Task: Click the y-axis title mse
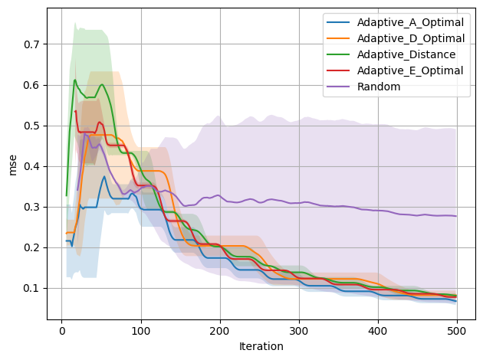[12, 164]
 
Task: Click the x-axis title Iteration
[261, 346]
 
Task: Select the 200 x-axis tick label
[220, 330]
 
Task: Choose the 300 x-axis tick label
[299, 330]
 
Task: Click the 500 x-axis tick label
[457, 330]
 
